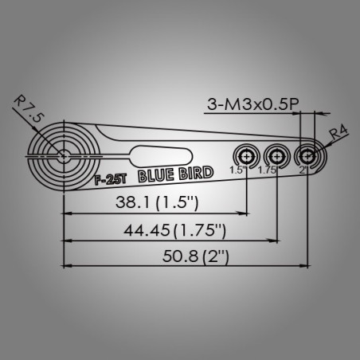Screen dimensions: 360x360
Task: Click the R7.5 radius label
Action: [28, 108]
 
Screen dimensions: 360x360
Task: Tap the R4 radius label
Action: [338, 132]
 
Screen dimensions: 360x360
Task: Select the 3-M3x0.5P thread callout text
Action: [253, 104]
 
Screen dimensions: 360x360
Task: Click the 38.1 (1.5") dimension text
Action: [157, 202]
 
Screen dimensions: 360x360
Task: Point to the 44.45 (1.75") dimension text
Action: [174, 230]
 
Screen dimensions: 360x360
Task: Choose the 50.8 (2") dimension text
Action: [196, 256]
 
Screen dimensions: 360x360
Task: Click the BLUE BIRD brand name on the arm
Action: [176, 174]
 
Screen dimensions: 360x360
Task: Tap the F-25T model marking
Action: [111, 180]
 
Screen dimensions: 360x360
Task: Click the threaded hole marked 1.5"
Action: [247, 157]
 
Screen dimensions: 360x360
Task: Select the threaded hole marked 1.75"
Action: [277, 157]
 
